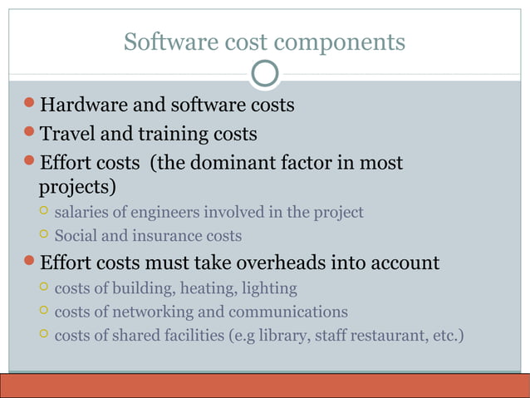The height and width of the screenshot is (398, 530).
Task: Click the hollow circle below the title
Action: tap(265, 74)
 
